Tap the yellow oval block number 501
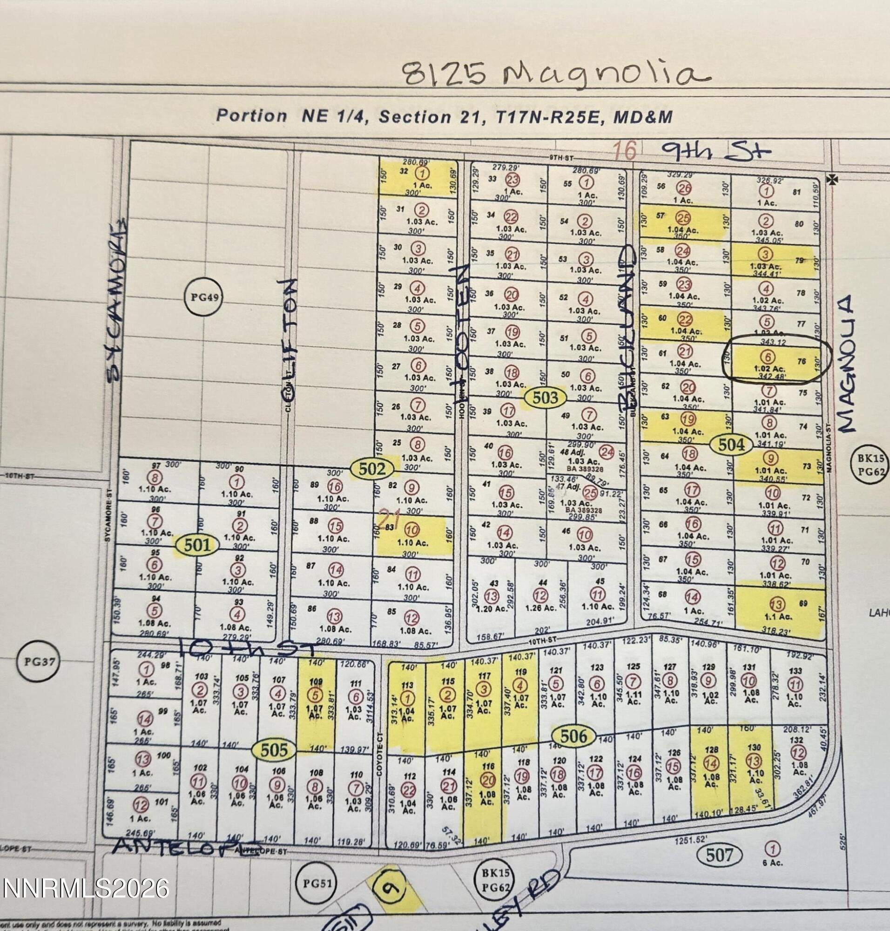click(x=196, y=545)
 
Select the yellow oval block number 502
click(x=372, y=469)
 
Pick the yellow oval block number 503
click(x=545, y=397)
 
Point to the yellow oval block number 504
click(x=732, y=445)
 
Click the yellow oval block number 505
click(x=274, y=750)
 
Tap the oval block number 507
click(x=719, y=855)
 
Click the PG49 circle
click(x=204, y=297)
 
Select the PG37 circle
click(x=39, y=661)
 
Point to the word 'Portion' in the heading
click(x=251, y=116)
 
